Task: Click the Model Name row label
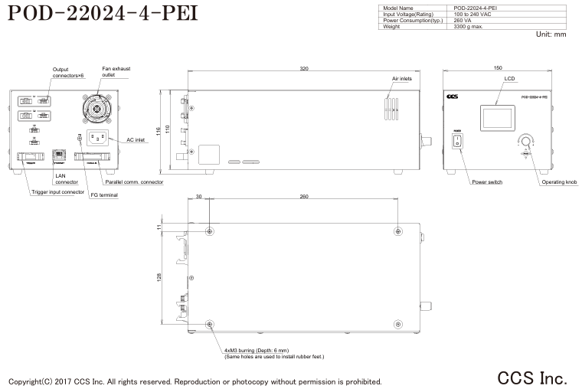398,8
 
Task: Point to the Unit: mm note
551,34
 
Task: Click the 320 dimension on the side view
304,69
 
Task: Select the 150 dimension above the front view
498,69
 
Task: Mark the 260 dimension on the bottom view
304,197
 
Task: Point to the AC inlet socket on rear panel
96,139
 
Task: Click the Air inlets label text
403,79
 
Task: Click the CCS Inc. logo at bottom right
532,378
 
